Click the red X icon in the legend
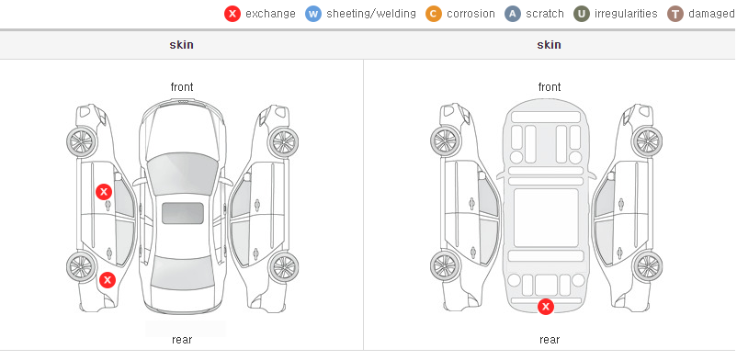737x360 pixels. coord(232,14)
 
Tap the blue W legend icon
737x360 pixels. coord(313,14)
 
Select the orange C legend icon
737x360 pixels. coord(434,14)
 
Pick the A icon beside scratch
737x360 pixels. coord(513,14)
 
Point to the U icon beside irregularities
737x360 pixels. coord(582,14)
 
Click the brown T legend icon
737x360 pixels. coord(675,14)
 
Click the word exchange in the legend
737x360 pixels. coord(270,14)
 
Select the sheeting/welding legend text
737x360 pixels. coord(371,14)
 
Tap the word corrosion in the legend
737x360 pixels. coord(471,14)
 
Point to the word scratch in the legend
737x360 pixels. coord(545,14)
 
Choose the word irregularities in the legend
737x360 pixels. coord(626,14)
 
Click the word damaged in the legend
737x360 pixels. coord(711,14)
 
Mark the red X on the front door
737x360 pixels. coord(104,192)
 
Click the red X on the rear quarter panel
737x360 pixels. coord(108,280)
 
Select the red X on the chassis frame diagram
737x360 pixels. coord(546,307)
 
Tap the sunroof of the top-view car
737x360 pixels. coord(183,213)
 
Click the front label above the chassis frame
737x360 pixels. coord(550,87)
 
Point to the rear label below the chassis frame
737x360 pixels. coord(550,340)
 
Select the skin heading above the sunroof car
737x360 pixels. coord(181,45)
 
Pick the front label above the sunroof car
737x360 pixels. coord(182,87)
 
